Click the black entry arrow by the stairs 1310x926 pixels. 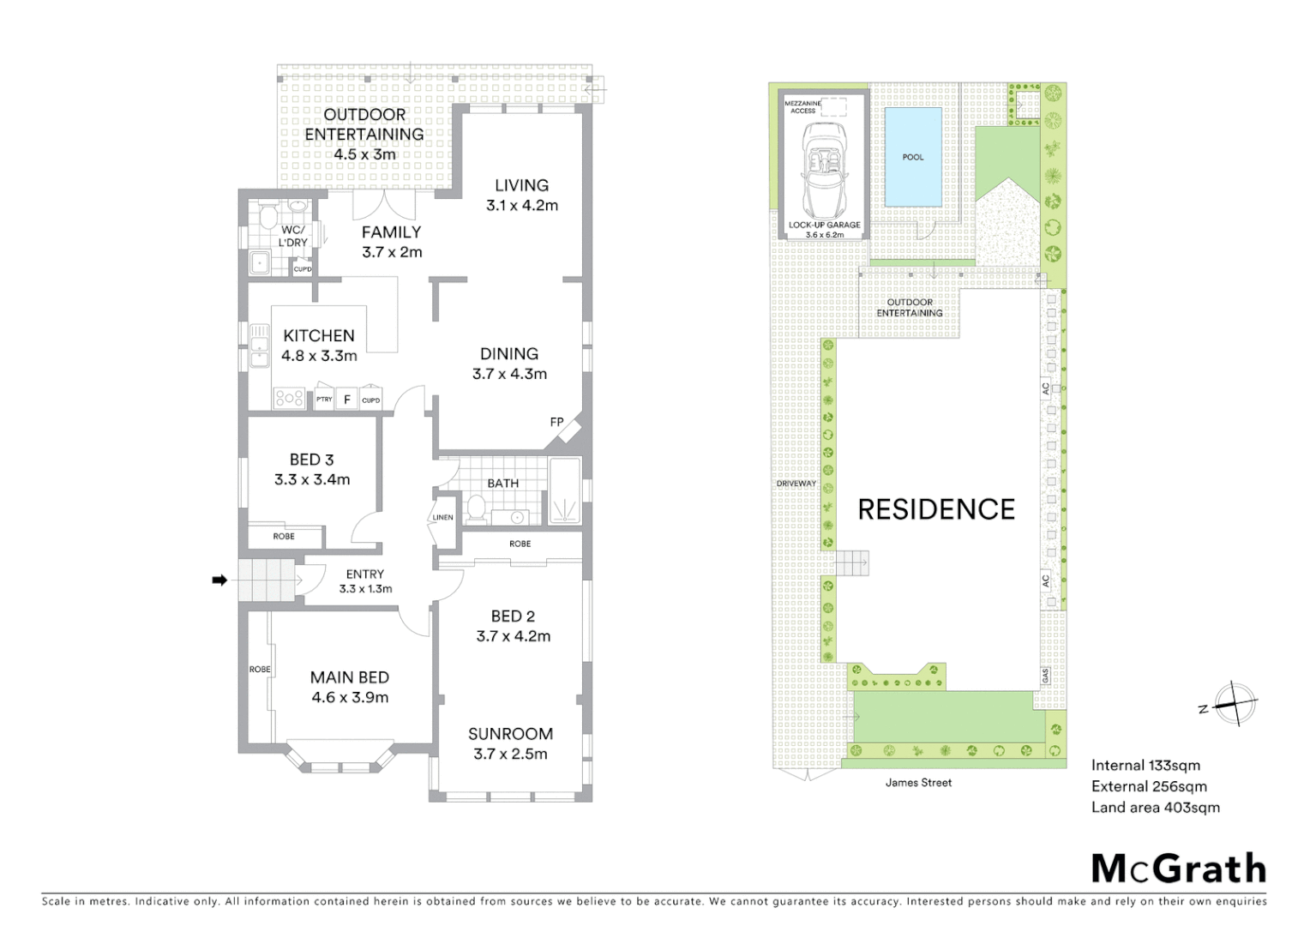pyautogui.click(x=219, y=580)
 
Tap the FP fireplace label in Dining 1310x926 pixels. pyautogui.click(x=557, y=422)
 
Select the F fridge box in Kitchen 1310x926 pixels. pyautogui.click(x=347, y=400)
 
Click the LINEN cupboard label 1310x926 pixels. pyautogui.click(x=443, y=518)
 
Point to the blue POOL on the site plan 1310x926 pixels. pyautogui.click(x=913, y=157)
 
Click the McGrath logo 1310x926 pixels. pyautogui.click(x=1179, y=869)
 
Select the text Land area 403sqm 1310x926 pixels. pyautogui.click(x=1155, y=808)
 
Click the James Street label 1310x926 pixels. pyautogui.click(x=918, y=783)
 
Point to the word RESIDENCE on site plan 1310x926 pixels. pyautogui.click(x=936, y=510)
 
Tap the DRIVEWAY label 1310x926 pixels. pyautogui.click(x=796, y=484)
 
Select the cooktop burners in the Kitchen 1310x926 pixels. pyautogui.click(x=289, y=398)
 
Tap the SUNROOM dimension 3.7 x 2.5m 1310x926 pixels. pyautogui.click(x=510, y=755)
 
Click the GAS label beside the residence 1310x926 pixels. pyautogui.click(x=1046, y=676)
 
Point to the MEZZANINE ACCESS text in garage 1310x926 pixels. pyautogui.click(x=802, y=107)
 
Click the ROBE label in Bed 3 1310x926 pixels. pyautogui.click(x=284, y=537)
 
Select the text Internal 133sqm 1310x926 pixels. pyautogui.click(x=1145, y=766)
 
